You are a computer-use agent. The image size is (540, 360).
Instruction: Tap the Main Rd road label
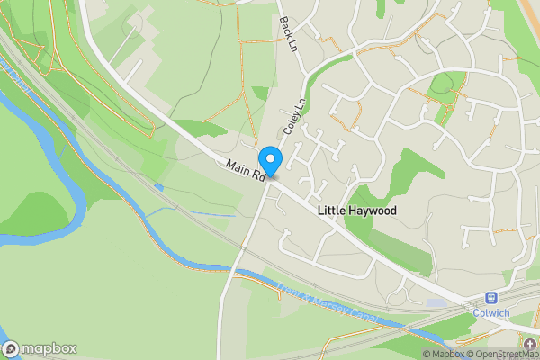pyautogui.click(x=244, y=170)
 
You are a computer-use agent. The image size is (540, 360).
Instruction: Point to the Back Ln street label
pyautogui.click(x=289, y=34)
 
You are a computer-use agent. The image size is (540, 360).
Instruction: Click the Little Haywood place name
pyautogui.click(x=357, y=210)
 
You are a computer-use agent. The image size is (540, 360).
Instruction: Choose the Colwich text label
pyautogui.click(x=492, y=313)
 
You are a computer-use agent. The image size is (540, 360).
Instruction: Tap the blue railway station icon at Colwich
pyautogui.click(x=492, y=298)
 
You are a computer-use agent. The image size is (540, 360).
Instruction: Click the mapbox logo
pyautogui.click(x=40, y=348)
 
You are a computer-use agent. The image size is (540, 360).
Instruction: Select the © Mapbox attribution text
pyautogui.click(x=444, y=354)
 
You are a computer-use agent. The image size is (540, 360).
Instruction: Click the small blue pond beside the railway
pyautogui.click(x=159, y=187)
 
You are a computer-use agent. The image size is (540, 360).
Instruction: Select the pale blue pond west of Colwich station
pyautogui.click(x=435, y=303)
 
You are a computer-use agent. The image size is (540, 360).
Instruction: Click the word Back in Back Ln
pyautogui.click(x=286, y=27)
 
